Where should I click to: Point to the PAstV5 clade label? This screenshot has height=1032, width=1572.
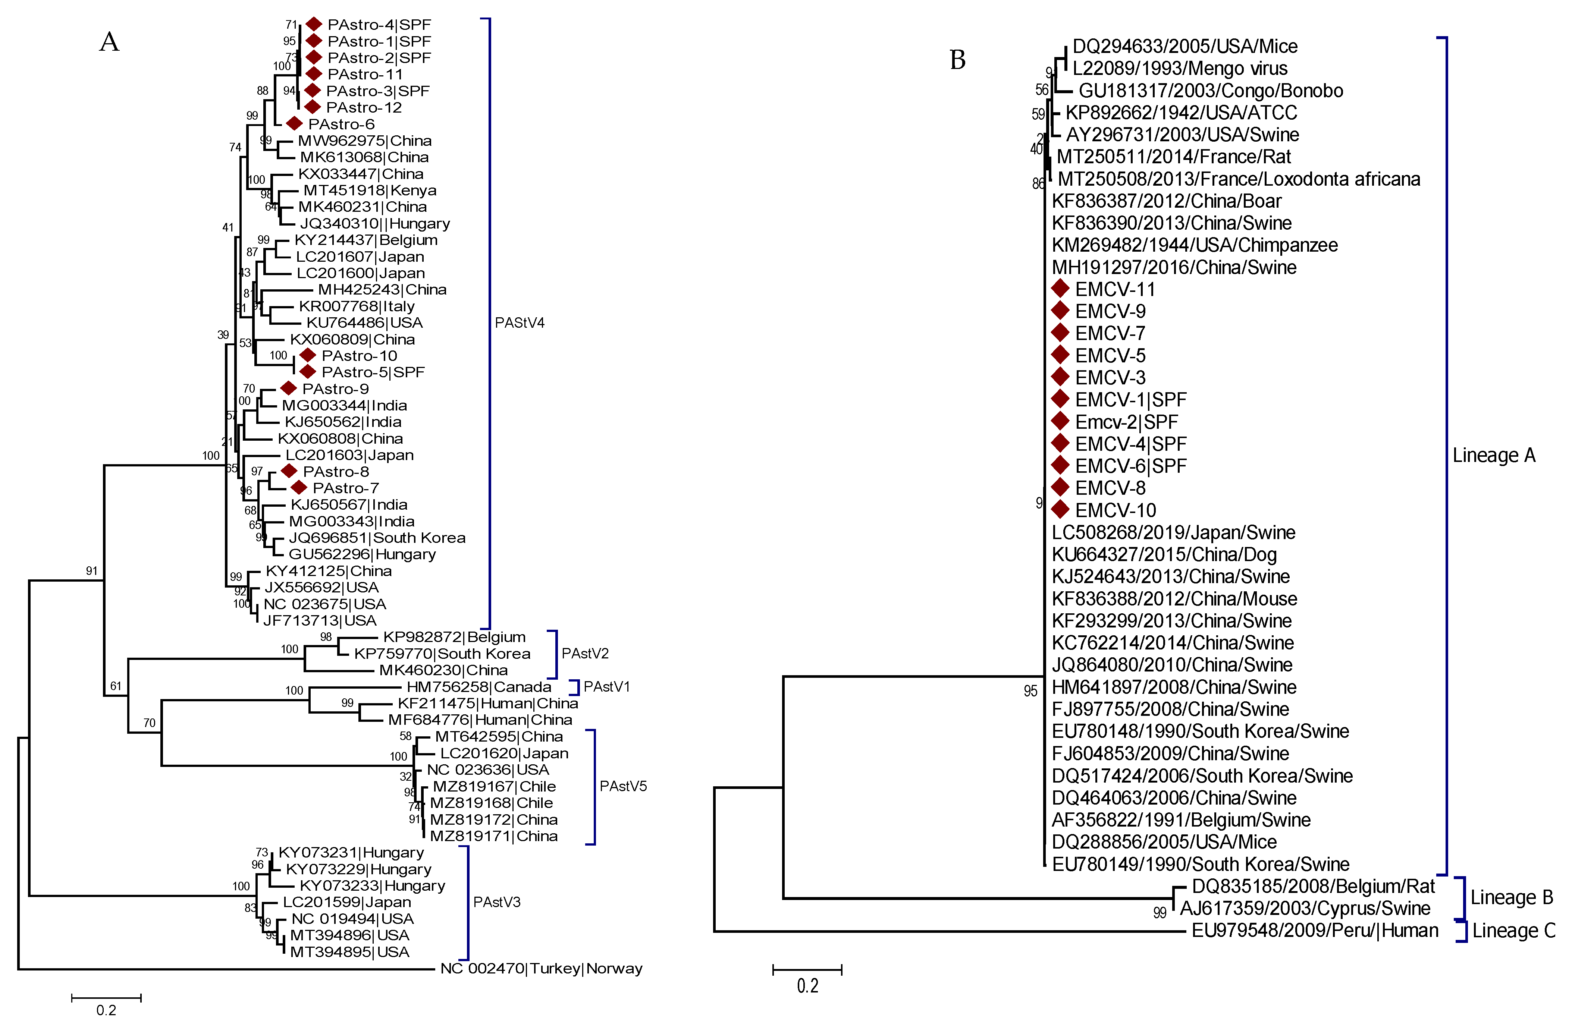coord(623,786)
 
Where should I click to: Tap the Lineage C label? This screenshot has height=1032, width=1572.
coord(1514,931)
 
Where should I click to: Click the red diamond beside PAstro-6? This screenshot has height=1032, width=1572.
coord(294,123)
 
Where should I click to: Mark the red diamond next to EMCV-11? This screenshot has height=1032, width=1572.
coord(1060,289)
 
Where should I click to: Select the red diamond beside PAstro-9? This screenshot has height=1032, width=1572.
coord(288,388)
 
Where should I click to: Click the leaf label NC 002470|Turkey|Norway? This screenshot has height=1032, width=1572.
coord(541,969)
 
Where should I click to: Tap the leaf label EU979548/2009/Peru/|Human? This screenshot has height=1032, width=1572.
coord(1314,931)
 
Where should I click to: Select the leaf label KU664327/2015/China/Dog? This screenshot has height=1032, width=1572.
coord(1164,555)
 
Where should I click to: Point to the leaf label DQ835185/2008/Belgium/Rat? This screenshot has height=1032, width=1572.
coord(1313,887)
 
